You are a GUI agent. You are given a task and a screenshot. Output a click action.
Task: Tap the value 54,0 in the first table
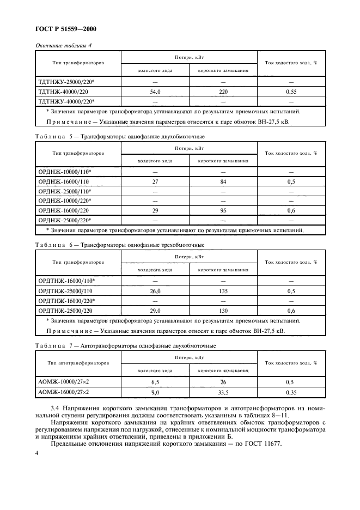(x=155, y=92)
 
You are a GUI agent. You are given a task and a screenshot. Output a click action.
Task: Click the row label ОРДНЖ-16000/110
(x=63, y=181)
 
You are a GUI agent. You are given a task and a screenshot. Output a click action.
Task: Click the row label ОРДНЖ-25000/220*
(x=65, y=220)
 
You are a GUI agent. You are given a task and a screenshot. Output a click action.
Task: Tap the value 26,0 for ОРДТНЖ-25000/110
(x=155, y=291)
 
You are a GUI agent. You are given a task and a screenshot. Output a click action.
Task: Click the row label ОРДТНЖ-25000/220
(x=66, y=310)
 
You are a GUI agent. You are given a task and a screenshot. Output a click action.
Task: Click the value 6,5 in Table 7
(x=155, y=382)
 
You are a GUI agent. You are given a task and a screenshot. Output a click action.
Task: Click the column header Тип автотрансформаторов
(x=77, y=362)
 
